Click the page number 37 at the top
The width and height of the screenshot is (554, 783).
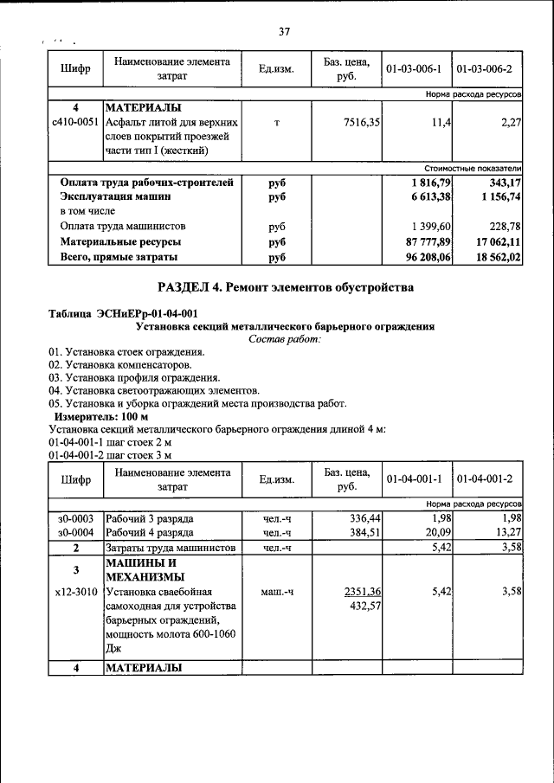(284, 32)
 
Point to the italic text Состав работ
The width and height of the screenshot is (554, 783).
(284, 339)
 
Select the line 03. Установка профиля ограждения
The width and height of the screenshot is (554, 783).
(134, 378)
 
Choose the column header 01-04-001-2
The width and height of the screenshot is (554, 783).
(487, 478)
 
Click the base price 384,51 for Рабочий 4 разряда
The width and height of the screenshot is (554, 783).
(365, 533)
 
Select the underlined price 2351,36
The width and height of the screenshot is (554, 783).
(364, 592)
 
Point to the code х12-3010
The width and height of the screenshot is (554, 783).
(75, 592)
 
